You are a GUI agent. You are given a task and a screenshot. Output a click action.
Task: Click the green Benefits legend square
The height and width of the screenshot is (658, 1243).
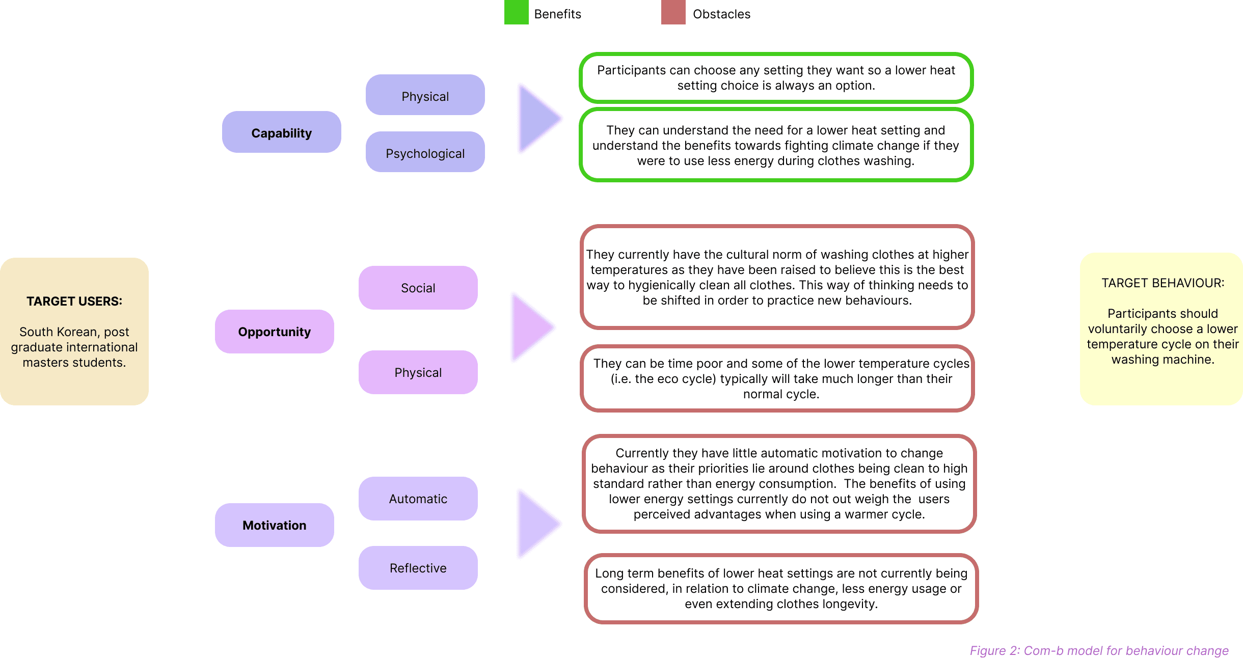516,12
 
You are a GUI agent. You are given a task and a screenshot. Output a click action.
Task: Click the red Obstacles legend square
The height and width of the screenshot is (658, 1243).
673,12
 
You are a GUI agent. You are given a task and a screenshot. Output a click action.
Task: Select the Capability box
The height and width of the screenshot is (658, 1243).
282,132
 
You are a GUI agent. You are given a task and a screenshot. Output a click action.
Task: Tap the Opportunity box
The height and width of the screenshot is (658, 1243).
275,332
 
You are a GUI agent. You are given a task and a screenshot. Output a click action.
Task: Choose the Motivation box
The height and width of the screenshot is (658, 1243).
275,525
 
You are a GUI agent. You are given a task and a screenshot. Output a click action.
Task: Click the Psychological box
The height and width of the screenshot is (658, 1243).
425,152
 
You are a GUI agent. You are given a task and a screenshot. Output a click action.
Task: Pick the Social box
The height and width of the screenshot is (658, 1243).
418,288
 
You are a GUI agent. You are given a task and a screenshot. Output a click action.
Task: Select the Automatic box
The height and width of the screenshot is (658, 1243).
418,499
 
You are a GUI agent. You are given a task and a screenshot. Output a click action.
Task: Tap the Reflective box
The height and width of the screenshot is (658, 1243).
418,568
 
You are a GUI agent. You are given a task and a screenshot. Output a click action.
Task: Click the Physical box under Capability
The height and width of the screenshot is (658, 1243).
425,95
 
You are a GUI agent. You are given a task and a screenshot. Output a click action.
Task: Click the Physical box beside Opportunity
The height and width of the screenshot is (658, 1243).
418,372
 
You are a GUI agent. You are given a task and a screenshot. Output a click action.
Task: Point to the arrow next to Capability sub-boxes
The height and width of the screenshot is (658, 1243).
539,119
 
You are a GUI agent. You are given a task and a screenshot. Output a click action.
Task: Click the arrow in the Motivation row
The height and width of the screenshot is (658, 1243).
539,524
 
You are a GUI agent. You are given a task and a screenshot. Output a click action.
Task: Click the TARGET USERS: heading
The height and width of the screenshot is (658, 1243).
74,301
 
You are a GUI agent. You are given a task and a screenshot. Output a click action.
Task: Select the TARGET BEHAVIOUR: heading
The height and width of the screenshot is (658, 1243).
1163,283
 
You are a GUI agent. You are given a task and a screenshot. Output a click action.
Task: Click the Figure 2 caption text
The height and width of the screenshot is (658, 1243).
1099,650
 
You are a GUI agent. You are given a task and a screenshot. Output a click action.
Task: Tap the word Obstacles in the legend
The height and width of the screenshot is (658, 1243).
722,14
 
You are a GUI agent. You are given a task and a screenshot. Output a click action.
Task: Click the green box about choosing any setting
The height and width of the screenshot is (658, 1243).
776,78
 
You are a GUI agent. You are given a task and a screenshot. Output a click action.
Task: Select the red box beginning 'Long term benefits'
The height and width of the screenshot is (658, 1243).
781,589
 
